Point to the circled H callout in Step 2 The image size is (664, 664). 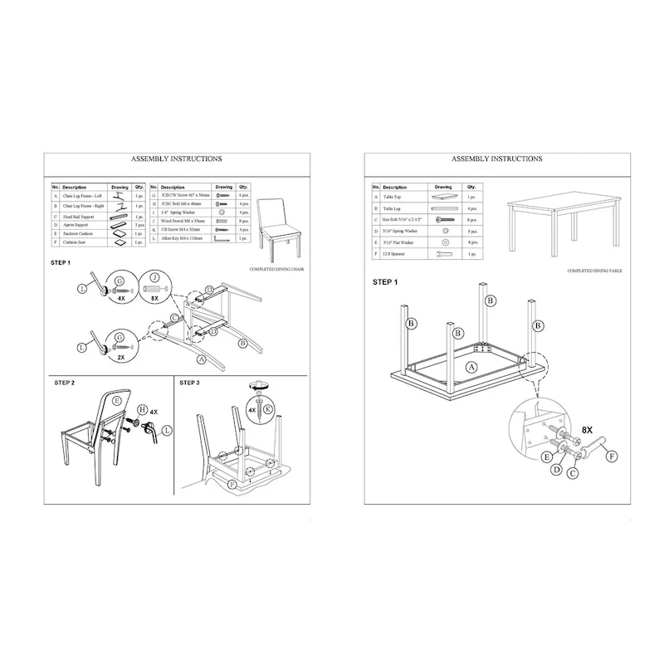coord(142,410)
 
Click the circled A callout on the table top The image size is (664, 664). coord(471,366)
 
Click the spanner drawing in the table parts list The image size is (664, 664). coord(443,252)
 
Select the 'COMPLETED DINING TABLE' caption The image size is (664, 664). coord(596,271)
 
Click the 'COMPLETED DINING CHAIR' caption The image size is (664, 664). coord(277,270)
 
